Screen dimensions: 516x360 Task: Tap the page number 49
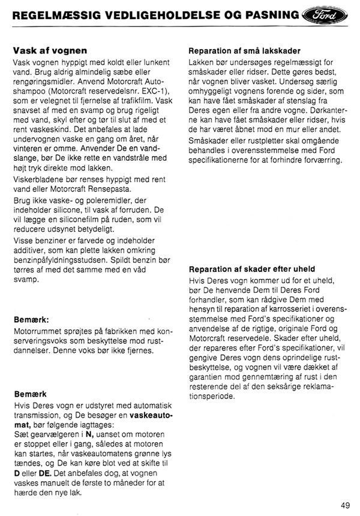pyautogui.click(x=344, y=505)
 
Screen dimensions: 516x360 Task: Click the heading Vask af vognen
pyautogui.click(x=50, y=51)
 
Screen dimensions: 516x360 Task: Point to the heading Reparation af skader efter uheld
pyautogui.click(x=252, y=269)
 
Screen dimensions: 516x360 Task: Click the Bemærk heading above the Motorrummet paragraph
pyautogui.click(x=31, y=320)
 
